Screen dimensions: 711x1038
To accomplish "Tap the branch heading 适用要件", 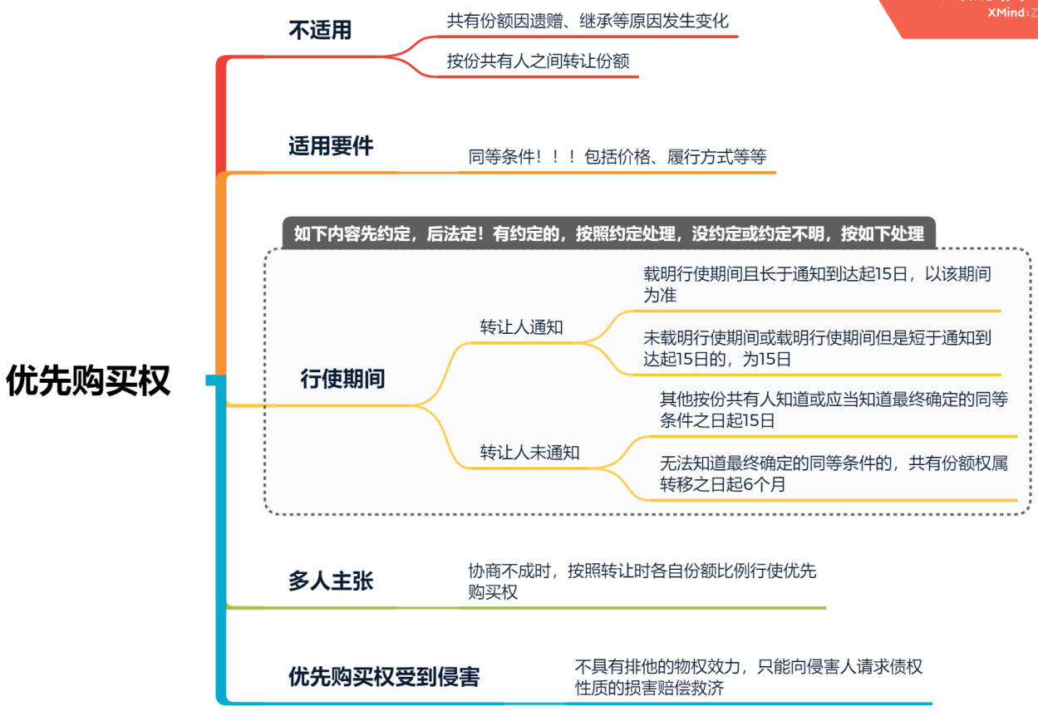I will pyautogui.click(x=331, y=147).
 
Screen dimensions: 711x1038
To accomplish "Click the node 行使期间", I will pyautogui.click(x=342, y=380).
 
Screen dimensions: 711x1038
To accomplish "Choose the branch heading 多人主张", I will pyautogui.click(x=331, y=581).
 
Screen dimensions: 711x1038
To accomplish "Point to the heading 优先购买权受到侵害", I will pyautogui.click(x=384, y=677).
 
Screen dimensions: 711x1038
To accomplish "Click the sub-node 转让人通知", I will pyautogui.click(x=521, y=327).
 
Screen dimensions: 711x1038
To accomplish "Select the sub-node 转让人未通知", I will pyautogui.click(x=529, y=453).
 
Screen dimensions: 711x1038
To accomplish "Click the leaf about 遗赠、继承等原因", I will pyautogui.click(x=588, y=21).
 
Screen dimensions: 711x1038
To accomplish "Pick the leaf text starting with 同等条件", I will pyautogui.click(x=617, y=157).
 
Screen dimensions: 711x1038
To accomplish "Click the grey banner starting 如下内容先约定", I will pyautogui.click(x=608, y=233).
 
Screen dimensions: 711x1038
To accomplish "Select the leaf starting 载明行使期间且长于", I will pyautogui.click(x=817, y=284).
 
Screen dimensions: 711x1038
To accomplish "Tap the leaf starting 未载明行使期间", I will pyautogui.click(x=817, y=349).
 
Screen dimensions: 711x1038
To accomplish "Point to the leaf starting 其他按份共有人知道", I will pyautogui.click(x=834, y=410).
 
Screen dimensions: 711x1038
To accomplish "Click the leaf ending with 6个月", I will pyautogui.click(x=834, y=473).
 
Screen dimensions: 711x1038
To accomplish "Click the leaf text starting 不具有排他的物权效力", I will pyautogui.click(x=748, y=677).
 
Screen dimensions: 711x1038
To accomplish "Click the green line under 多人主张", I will pyautogui.click(x=540, y=608).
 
